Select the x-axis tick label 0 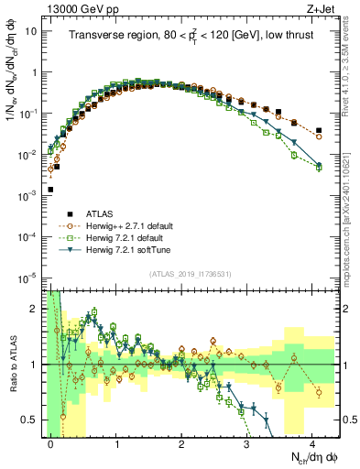[x=51, y=442]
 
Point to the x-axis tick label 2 [x=182, y=442]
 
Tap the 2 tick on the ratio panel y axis [x=35, y=308]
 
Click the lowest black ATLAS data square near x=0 [x=50, y=190]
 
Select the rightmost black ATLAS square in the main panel [x=319, y=130]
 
